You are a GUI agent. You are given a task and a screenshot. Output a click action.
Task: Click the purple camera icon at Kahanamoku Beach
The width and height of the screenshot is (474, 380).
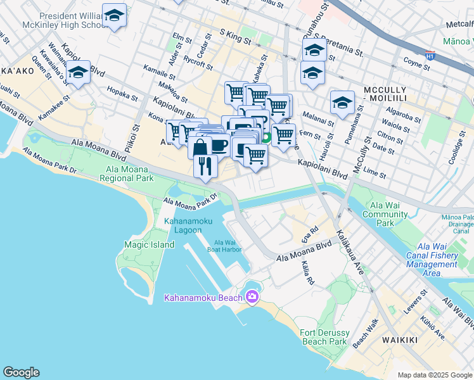click(x=252, y=296)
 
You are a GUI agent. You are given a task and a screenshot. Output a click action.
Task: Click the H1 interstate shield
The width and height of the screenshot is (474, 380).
click(x=431, y=56)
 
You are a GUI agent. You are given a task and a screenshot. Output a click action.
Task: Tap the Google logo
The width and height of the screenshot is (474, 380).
click(x=21, y=372)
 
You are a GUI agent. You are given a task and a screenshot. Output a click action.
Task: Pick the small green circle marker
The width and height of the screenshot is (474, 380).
click(x=267, y=136)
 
